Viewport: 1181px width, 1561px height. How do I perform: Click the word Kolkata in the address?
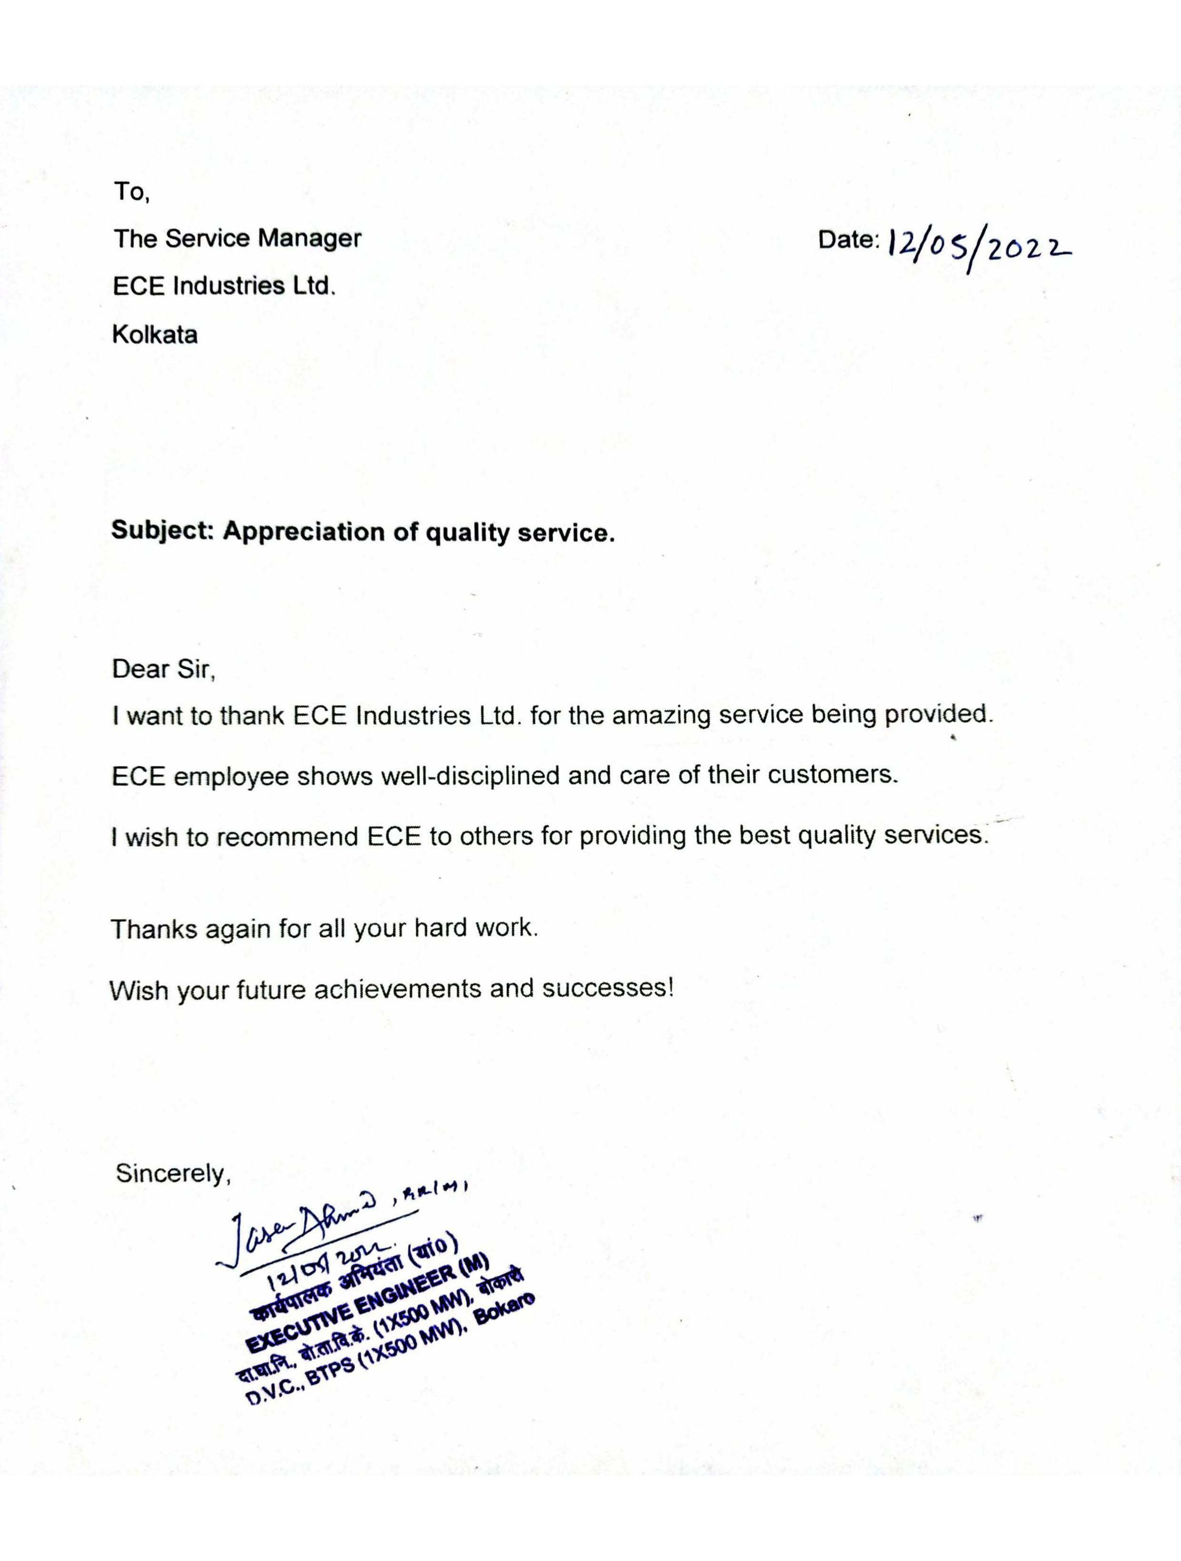155,335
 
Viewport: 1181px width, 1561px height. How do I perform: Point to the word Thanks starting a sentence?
154,929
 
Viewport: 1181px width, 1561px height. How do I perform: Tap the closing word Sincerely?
173,1174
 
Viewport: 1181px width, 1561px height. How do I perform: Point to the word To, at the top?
131,191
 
